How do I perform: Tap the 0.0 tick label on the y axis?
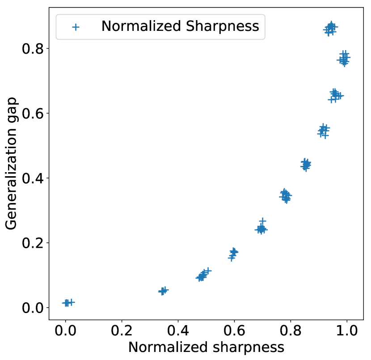tap(33, 308)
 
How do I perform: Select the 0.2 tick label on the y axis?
tap(33, 243)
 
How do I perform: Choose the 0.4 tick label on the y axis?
tap(33, 178)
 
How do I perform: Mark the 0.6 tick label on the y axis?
tap(33, 113)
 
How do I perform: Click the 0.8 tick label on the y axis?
tap(33, 48)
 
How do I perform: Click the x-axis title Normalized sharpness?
tap(206, 348)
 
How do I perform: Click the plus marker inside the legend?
tap(76, 27)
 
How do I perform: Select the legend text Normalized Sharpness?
tap(180, 26)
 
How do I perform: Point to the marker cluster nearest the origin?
tap(67, 303)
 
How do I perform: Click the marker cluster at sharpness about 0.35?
tap(163, 291)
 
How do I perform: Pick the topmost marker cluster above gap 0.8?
tap(331, 28)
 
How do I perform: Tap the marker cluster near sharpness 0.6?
tap(233, 253)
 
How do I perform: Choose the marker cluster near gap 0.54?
tap(323, 131)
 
